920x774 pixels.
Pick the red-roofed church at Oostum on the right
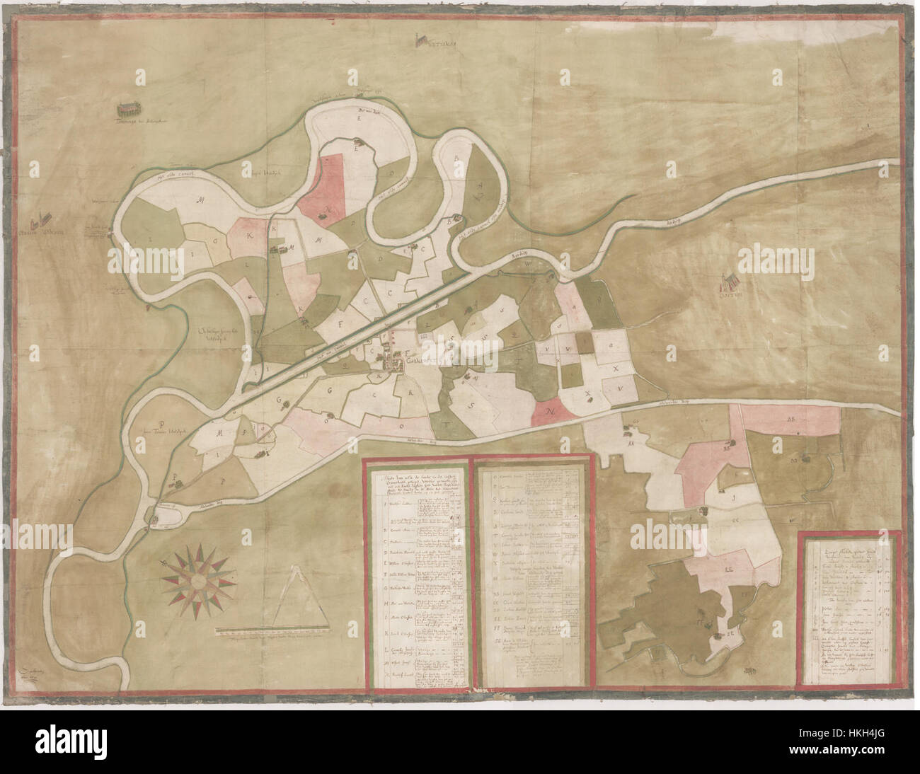728,282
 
